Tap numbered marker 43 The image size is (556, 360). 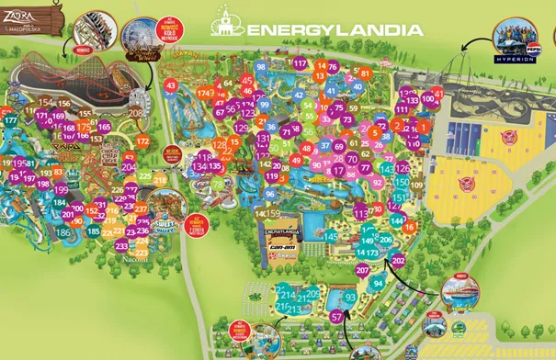[170, 85]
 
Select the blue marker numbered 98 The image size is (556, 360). [262, 67]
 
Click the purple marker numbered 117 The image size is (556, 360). [300, 62]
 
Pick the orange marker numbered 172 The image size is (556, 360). [142, 141]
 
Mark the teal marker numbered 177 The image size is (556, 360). [10, 120]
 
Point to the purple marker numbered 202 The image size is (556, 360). [398, 260]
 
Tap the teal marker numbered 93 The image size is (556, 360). [350, 297]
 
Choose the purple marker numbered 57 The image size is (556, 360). [337, 317]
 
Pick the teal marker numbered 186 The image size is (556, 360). [62, 233]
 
